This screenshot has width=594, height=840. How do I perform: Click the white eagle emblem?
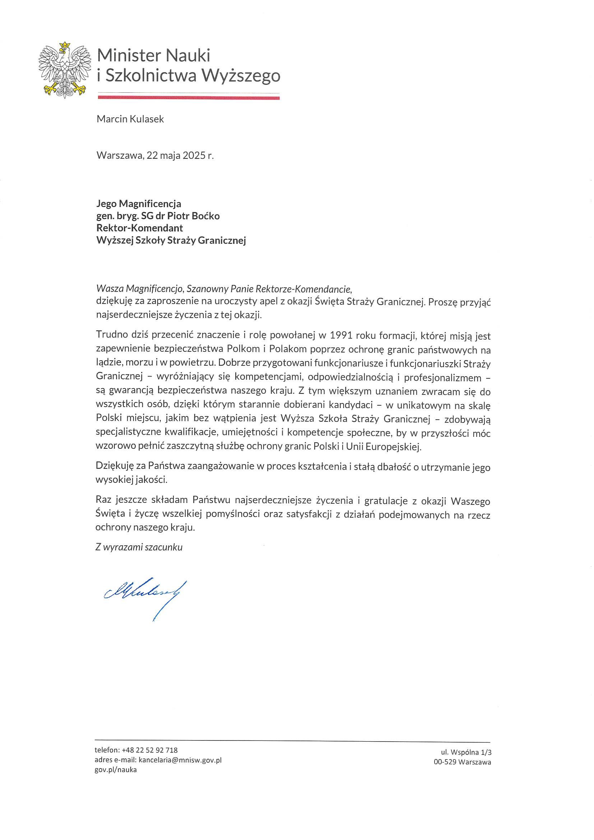pyautogui.click(x=64, y=71)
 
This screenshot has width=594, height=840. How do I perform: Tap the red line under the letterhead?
pyautogui.click(x=189, y=98)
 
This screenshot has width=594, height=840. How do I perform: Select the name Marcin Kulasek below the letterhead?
pyautogui.click(x=130, y=119)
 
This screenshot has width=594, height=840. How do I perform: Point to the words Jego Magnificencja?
pyautogui.click(x=139, y=204)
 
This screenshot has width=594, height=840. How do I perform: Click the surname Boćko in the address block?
pyautogui.click(x=206, y=216)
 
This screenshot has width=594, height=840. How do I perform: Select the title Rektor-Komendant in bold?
pyautogui.click(x=139, y=228)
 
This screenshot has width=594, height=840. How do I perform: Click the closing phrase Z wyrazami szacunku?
pyautogui.click(x=139, y=547)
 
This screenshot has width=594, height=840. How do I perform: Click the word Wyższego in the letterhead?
pyautogui.click(x=241, y=75)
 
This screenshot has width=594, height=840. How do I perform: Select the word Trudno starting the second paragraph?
pyautogui.click(x=112, y=335)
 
